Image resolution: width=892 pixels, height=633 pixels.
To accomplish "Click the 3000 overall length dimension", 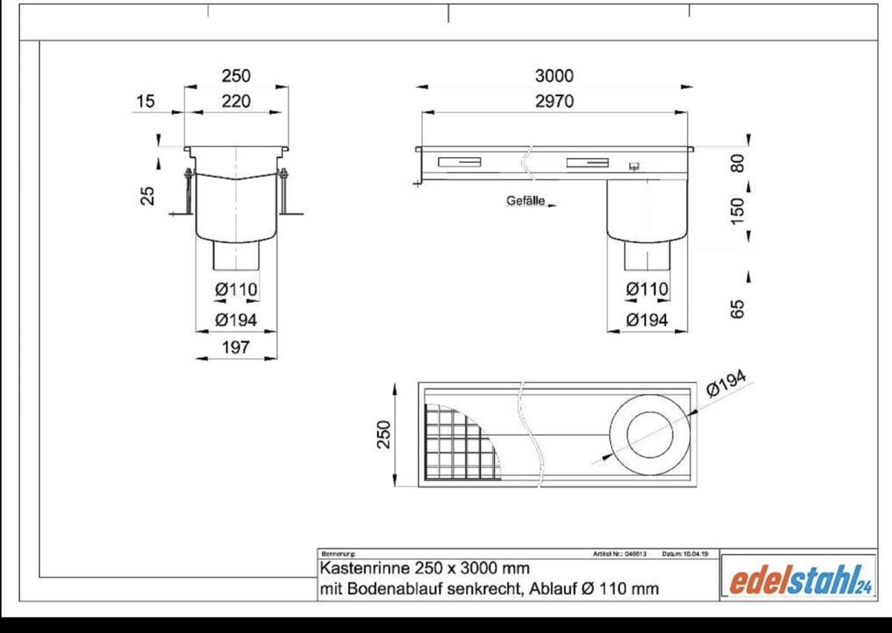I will [555, 76].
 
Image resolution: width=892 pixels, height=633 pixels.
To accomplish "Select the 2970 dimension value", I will [555, 102].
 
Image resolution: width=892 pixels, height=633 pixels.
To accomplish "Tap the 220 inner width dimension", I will [236, 102].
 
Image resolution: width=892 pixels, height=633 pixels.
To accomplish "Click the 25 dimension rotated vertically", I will [148, 195].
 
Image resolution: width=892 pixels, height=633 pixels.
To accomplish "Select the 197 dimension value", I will [236, 347].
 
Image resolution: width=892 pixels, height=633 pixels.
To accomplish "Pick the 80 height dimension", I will [738, 161].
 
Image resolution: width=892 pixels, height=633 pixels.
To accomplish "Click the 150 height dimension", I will [738, 210].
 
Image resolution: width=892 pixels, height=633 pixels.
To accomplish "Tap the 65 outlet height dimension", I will [738, 309].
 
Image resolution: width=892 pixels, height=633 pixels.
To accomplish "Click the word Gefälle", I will [526, 201].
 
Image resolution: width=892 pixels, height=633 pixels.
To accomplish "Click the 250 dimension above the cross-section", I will [236, 76].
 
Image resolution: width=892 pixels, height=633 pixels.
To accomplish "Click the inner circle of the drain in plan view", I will [651, 435].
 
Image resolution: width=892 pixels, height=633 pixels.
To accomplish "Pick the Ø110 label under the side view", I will [646, 289].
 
